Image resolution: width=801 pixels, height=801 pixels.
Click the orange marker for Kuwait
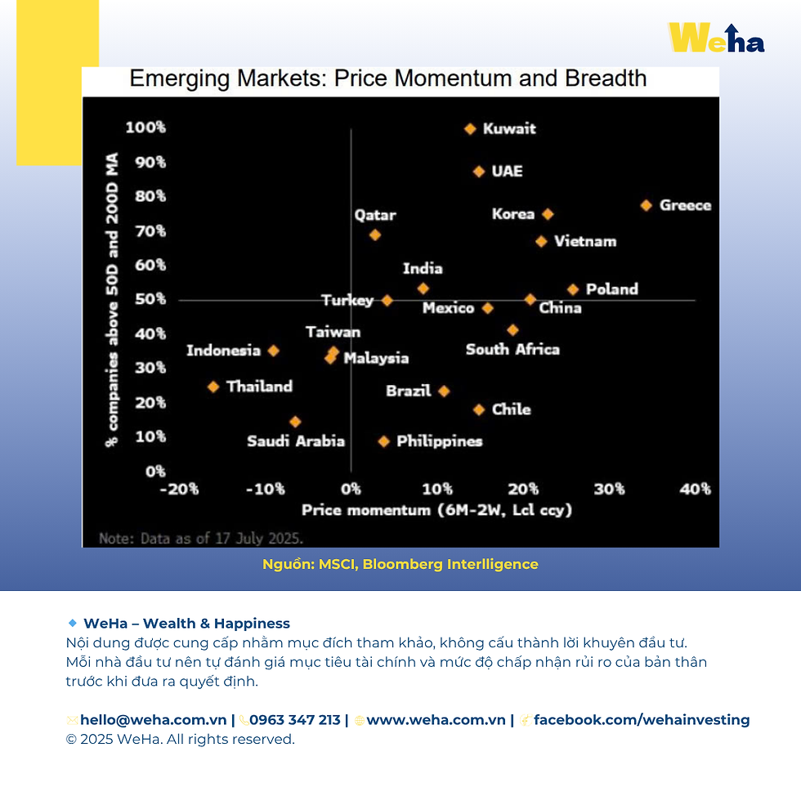pos(470,129)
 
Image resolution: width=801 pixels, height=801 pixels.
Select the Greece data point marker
pos(646,205)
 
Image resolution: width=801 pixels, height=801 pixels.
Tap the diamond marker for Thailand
pos(213,387)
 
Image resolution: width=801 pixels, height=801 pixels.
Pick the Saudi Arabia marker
pos(295,422)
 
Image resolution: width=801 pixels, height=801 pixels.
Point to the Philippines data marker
pos(383,441)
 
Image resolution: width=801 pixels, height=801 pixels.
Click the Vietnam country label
pos(585,241)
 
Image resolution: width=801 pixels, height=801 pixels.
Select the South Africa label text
pos(512,349)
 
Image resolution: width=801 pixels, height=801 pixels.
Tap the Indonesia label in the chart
pos(223,351)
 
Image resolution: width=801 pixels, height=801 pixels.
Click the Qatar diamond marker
pos(375,235)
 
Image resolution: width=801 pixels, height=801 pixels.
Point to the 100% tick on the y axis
pos(145,128)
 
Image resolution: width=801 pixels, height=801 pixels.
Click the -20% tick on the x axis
pos(179,489)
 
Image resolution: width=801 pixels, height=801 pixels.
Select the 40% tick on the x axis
pos(695,489)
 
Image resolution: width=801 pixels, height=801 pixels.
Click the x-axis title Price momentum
pos(437,510)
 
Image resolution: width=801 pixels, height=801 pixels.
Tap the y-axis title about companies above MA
pos(112,299)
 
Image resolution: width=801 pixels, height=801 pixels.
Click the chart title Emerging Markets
pos(388,79)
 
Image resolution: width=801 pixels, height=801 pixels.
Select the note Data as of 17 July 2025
pos(201,539)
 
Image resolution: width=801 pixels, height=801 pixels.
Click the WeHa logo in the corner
pos(716,38)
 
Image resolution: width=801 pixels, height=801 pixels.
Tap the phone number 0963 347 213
pos(295,720)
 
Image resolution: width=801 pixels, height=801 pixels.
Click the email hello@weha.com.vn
pos(153,720)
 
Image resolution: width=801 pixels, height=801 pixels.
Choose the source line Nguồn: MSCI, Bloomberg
pos(400,564)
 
